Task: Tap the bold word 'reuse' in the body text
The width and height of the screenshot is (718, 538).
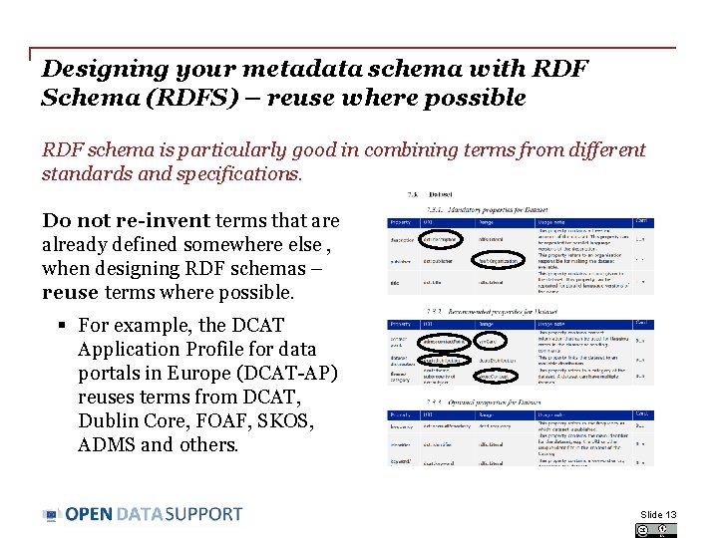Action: (x=69, y=293)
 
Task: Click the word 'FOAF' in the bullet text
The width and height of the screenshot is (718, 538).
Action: (x=220, y=420)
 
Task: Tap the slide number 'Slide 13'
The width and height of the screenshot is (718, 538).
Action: (x=658, y=515)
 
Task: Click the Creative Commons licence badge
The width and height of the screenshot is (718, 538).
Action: (x=655, y=530)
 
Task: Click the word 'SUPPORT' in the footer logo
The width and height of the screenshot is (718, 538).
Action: (x=203, y=514)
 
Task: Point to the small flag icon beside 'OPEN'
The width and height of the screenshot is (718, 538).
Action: (x=51, y=515)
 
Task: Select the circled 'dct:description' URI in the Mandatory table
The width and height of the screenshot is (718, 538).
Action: (x=442, y=240)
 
